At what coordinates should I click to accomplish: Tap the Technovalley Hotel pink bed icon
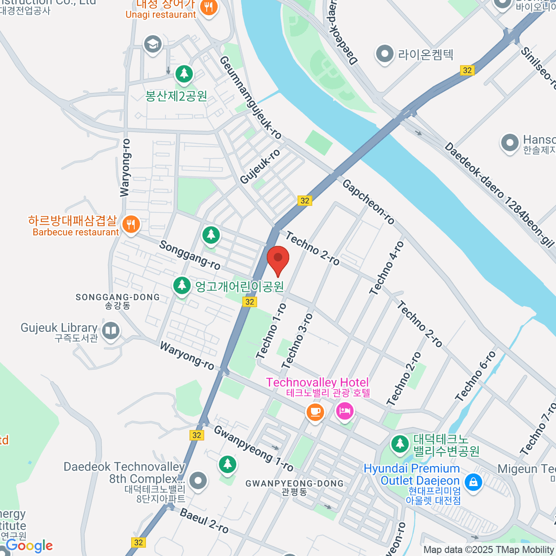point(345,411)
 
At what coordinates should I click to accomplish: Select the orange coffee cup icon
point(315,411)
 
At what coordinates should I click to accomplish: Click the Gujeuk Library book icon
point(110,331)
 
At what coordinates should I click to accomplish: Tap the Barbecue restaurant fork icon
point(131,225)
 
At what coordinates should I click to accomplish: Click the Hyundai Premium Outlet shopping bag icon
point(473,482)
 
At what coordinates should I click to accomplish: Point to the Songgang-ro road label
point(190,255)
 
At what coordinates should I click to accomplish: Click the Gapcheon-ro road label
point(368,202)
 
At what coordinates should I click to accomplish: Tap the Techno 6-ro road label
point(475,376)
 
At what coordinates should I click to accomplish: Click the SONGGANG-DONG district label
point(118,297)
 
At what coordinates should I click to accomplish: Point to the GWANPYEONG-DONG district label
point(294,484)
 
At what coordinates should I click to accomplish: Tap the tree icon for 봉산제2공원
point(184,74)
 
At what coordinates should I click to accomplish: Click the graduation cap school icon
point(152,44)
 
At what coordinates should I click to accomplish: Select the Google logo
point(30,545)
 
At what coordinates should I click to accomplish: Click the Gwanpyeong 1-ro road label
point(253,449)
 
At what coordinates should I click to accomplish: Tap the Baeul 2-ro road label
point(204,521)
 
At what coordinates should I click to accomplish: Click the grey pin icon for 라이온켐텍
point(384,54)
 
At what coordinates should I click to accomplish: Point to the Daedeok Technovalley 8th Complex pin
point(198,480)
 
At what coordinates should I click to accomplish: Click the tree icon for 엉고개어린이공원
point(182,285)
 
